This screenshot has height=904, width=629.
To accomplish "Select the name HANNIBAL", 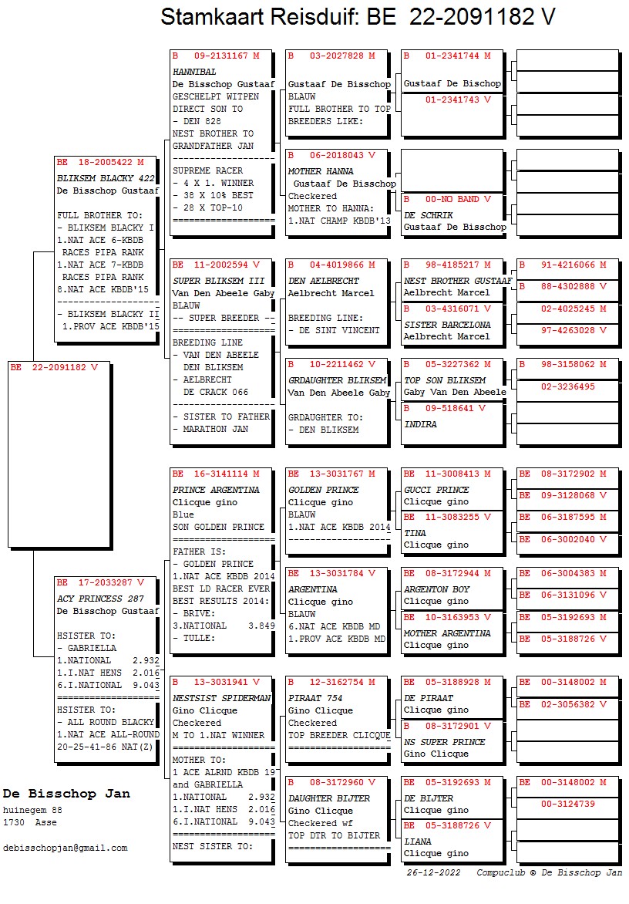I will click(194, 72).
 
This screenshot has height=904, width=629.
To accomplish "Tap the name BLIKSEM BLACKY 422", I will click(106, 178).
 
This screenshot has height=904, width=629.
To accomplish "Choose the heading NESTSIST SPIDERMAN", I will click(221, 698).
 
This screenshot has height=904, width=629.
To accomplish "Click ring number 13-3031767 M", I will click(331, 474).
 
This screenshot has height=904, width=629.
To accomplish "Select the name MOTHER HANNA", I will click(321, 171).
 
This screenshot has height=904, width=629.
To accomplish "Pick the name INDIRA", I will click(420, 424).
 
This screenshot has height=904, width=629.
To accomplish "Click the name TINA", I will click(415, 533).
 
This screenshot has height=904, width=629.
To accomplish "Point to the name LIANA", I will click(417, 842).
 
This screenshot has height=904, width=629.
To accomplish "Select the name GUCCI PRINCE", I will click(436, 490).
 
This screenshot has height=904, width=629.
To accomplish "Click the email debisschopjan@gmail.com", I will click(66, 848).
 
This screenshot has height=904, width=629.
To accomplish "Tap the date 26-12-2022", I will click(434, 873).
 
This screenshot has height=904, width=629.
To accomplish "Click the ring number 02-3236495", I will click(567, 386).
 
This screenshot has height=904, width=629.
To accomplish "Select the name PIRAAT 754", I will click(315, 698).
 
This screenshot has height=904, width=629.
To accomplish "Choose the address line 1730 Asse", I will click(30, 823).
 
